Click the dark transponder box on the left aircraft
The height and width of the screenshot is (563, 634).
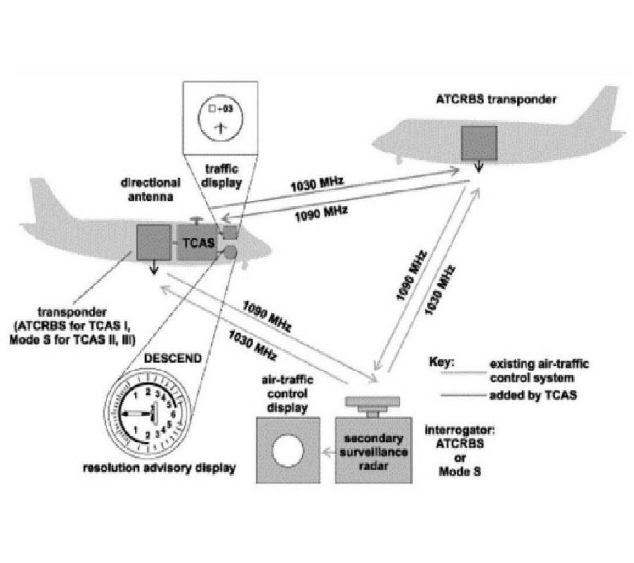[x=154, y=243]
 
